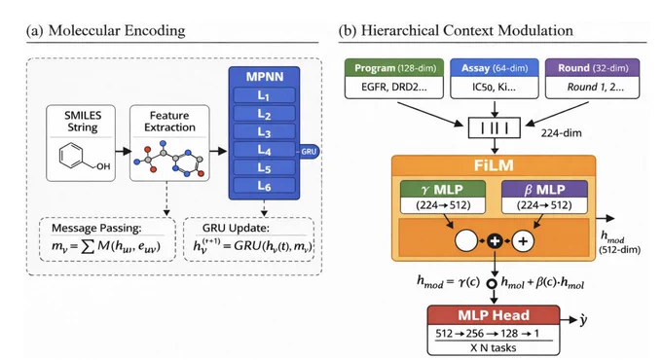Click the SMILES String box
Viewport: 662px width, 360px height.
tap(81, 143)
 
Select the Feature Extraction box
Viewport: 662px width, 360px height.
tap(169, 143)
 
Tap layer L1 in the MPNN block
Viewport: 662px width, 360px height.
tap(264, 95)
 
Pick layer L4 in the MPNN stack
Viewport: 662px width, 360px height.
tap(264, 150)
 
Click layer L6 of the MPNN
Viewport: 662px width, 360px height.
tap(264, 186)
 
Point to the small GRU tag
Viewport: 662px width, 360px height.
tap(309, 152)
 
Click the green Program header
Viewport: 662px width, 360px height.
tap(394, 68)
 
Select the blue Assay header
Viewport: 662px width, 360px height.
tap(495, 68)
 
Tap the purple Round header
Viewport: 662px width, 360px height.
tap(592, 68)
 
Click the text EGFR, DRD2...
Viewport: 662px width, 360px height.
tap(394, 88)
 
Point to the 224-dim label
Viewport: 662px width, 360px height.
tap(561, 133)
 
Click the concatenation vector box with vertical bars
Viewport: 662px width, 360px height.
tap(495, 127)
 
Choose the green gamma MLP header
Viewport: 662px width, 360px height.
tap(443, 190)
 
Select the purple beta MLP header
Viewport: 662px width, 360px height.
tap(544, 190)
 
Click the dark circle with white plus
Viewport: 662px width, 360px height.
tap(495, 241)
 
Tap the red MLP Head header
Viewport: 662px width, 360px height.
tap(494, 315)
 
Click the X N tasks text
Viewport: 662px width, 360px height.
tap(494, 347)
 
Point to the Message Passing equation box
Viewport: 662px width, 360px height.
tap(107, 239)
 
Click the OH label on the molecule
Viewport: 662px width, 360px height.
tap(103, 166)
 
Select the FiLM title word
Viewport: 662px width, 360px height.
tap(494, 165)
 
